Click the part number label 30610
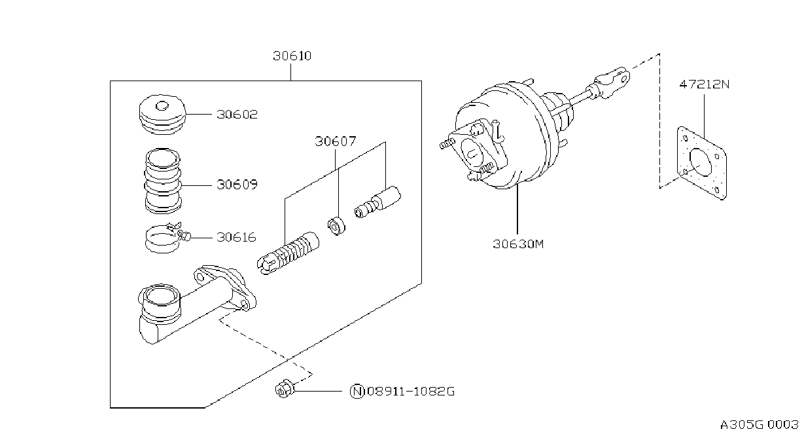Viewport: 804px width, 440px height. click(x=292, y=56)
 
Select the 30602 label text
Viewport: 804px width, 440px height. click(x=237, y=115)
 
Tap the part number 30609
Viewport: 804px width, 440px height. click(x=237, y=185)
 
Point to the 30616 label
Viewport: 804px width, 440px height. click(x=236, y=238)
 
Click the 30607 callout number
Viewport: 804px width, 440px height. click(x=336, y=141)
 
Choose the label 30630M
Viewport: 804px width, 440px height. click(x=518, y=244)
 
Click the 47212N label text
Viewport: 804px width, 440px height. click(x=705, y=84)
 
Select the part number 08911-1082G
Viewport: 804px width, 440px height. click(x=411, y=391)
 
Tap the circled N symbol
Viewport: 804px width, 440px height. click(x=357, y=391)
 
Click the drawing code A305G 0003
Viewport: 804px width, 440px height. click(x=760, y=425)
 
